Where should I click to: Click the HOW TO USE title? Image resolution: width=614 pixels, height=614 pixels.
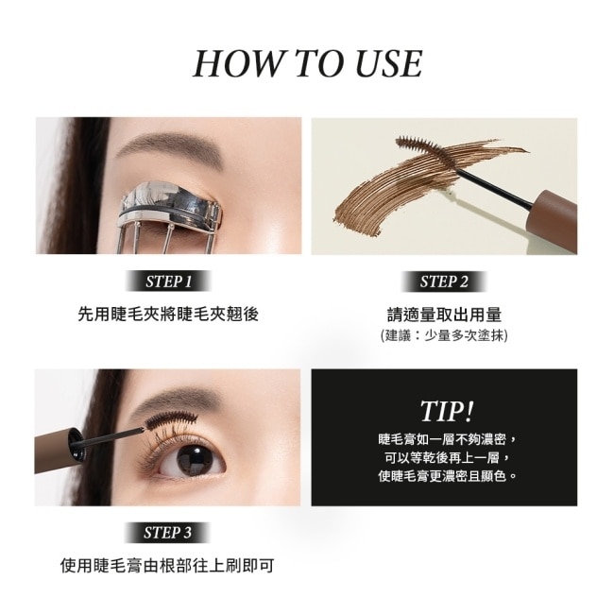click(x=308, y=63)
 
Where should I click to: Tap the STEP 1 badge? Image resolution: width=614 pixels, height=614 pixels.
click(x=168, y=281)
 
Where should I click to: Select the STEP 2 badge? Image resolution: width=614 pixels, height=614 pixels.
click(x=444, y=281)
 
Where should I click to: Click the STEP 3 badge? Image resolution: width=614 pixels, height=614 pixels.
click(x=167, y=533)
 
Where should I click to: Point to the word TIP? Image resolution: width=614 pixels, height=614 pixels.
click(x=447, y=412)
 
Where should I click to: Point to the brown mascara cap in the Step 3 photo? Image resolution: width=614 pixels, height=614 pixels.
click(x=59, y=451)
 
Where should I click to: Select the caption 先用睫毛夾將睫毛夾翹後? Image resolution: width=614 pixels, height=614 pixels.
click(x=168, y=314)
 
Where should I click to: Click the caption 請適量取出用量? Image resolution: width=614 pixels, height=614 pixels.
click(x=444, y=315)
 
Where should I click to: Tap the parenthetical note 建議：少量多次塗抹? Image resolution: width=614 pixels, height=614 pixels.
click(x=444, y=335)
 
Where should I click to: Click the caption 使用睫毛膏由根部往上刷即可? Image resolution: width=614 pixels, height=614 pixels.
click(x=167, y=566)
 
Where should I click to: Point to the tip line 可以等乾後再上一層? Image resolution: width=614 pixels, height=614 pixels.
click(x=447, y=457)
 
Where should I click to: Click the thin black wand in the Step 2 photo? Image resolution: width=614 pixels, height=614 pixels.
click(x=495, y=188)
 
